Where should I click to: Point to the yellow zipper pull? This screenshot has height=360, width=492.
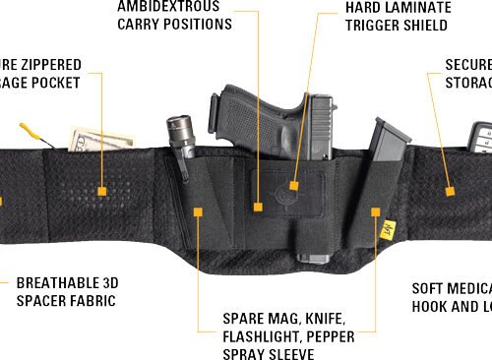pos(31,130)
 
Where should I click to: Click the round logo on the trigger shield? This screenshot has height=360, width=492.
pos(293,183)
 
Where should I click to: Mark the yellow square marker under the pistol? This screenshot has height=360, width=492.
pos(258,208)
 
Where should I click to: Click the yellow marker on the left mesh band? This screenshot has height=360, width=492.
pos(100,186)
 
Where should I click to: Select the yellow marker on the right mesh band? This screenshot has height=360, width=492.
pos(449,189)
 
